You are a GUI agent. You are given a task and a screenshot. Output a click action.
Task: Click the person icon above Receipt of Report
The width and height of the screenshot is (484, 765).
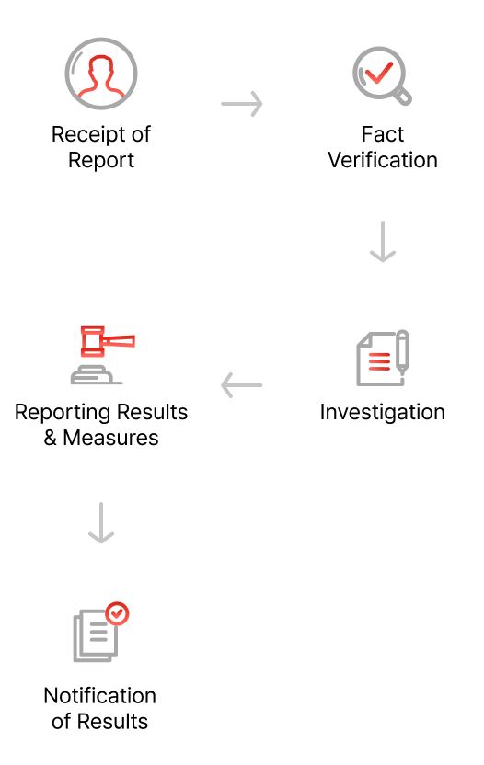tap(101, 74)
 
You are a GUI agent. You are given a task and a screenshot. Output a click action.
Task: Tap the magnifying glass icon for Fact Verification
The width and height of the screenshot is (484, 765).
tap(382, 75)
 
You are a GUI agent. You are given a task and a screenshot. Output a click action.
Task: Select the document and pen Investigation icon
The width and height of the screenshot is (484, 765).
tap(383, 358)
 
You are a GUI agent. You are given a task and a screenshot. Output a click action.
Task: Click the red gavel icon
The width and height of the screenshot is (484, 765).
tap(102, 355)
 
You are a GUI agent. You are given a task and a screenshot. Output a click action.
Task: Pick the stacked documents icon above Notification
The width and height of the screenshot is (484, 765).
tap(100, 632)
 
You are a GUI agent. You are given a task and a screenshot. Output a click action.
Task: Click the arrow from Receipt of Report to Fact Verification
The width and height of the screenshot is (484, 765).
tap(242, 104)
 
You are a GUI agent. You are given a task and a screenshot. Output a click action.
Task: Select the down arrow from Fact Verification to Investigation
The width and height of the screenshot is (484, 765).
tap(383, 242)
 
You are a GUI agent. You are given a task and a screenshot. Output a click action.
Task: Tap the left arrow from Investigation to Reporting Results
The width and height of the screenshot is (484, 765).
tap(242, 385)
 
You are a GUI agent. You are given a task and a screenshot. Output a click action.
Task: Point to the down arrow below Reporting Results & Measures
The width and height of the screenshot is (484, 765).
tap(101, 523)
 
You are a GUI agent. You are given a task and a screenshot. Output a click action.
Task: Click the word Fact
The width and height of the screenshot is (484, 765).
tap(383, 134)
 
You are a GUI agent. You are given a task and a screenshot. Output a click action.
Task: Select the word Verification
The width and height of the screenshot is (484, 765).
tap(383, 160)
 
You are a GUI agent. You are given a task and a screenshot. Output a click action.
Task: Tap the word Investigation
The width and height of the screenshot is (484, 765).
tap(383, 413)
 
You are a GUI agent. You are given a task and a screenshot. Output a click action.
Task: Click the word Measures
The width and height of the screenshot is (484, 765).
tap(110, 438)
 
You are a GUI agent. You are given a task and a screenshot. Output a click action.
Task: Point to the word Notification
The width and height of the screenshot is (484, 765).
tap(99, 696)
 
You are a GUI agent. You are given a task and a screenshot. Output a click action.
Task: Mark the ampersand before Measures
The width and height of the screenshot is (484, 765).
tap(51, 438)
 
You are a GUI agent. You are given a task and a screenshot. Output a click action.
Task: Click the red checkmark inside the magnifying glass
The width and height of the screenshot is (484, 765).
tap(378, 73)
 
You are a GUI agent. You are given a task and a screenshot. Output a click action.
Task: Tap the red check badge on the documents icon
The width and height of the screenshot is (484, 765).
tap(117, 614)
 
